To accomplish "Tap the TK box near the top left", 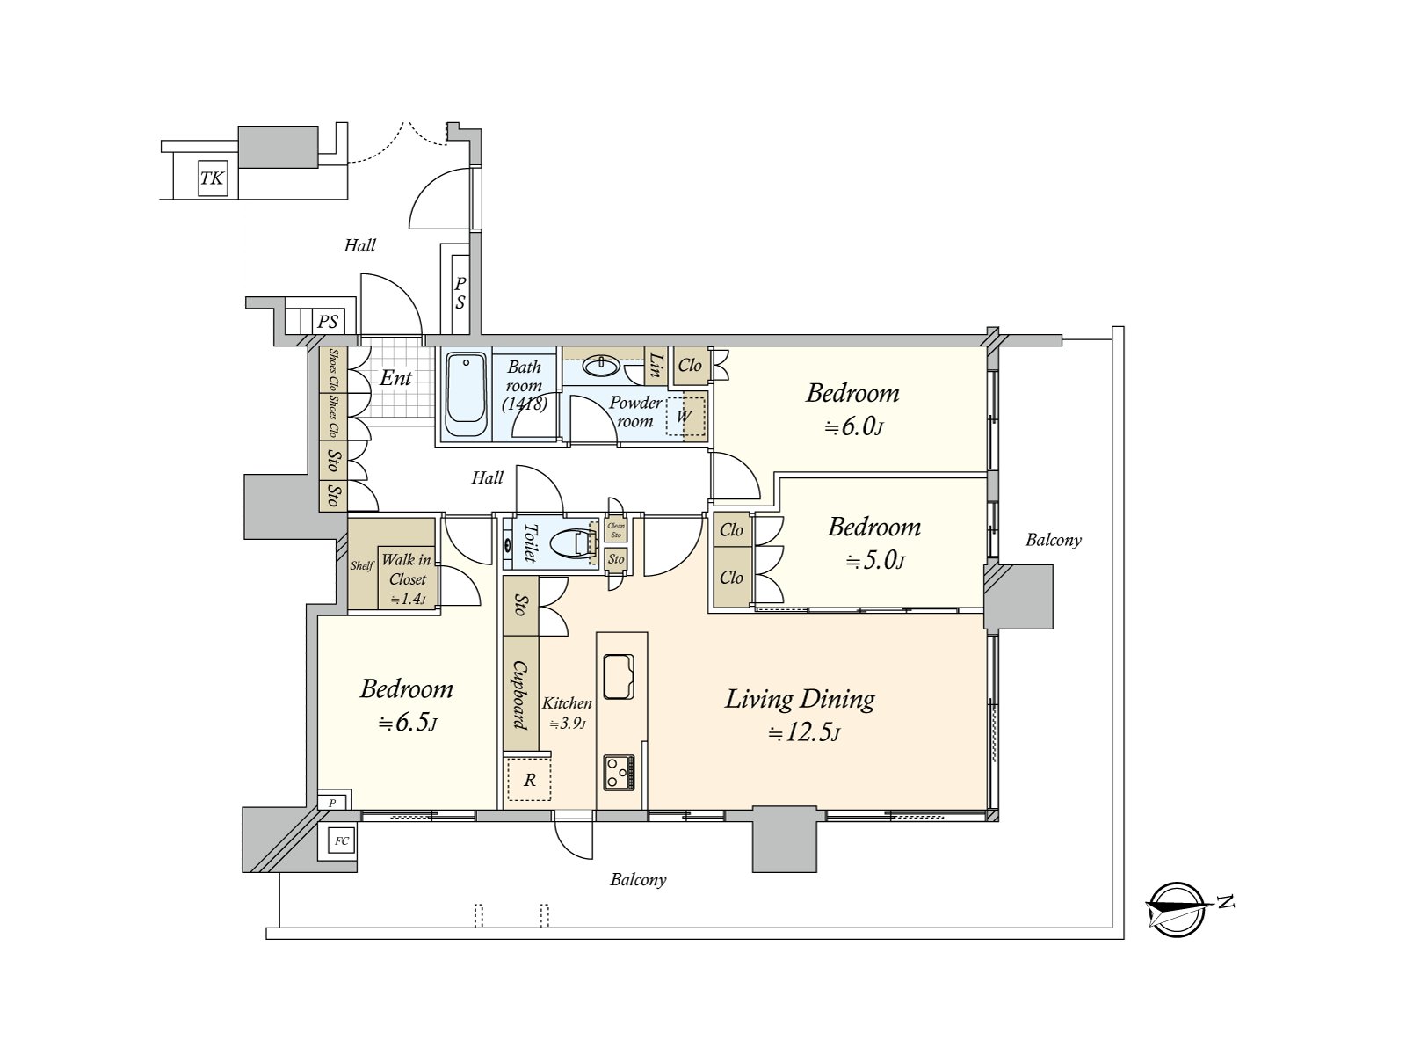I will point(212,179).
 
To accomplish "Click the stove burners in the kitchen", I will point(620,772).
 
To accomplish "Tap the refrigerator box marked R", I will point(529,780).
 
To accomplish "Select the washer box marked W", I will point(685,416).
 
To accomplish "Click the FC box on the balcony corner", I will point(341,841).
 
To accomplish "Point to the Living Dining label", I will point(800,700).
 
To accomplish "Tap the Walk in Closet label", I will point(406,570).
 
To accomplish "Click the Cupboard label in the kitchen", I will point(520,695).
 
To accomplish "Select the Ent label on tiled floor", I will point(395,379).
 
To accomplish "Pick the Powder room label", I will point(635,411).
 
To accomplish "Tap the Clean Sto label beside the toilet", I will point(616,530).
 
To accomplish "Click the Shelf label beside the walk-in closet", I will point(361,565).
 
